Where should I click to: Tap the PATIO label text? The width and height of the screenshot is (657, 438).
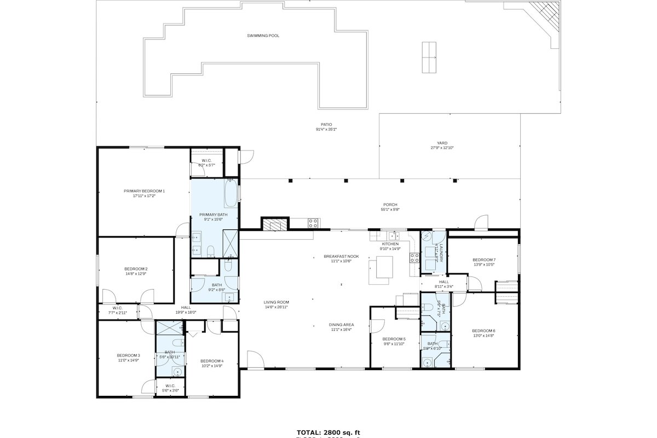(x=326, y=124)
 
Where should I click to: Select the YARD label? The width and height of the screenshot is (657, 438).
(x=442, y=143)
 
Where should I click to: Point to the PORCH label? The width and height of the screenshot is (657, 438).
(x=390, y=205)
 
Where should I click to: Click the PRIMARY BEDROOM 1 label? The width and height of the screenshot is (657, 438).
(x=144, y=191)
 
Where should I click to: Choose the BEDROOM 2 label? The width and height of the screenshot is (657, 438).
(x=136, y=269)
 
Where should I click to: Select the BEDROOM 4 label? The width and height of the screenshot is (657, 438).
(x=212, y=361)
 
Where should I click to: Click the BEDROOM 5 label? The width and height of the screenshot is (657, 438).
(x=394, y=339)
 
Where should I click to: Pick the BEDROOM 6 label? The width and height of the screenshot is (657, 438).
(x=483, y=331)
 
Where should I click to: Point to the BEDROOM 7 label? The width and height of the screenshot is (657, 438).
(x=484, y=260)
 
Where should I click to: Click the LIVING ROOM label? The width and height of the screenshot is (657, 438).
(x=276, y=302)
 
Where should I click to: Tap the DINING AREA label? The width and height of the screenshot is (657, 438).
(x=341, y=325)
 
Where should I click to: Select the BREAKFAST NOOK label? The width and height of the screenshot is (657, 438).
(x=341, y=256)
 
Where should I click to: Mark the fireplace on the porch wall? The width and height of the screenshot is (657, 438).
(x=274, y=224)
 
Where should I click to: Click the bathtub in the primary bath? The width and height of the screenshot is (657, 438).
(x=231, y=194)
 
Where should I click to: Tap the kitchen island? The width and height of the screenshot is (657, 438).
(x=381, y=271)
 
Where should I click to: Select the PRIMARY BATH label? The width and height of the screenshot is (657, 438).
(x=213, y=215)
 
